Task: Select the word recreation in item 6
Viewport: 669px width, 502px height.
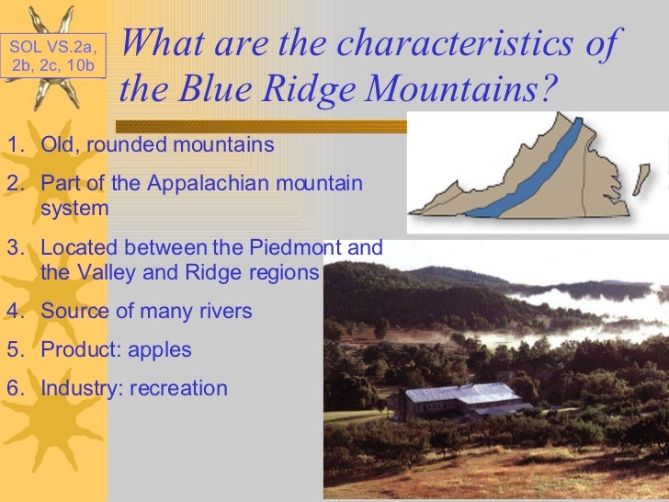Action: [x=178, y=388]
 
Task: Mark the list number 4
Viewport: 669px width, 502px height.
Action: [x=12, y=312]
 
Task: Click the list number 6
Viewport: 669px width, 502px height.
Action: [x=12, y=388]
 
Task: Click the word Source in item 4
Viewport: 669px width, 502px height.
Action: [x=74, y=312]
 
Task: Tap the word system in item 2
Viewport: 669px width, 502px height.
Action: [x=74, y=209]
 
